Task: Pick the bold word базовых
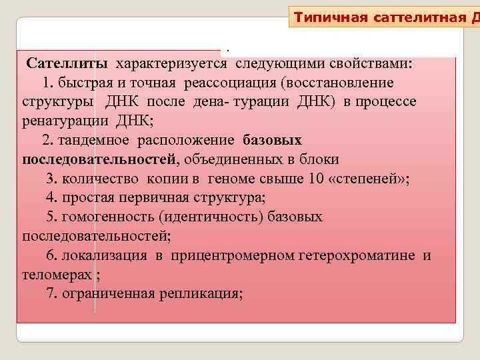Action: tap(273, 140)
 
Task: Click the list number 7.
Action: tap(51, 293)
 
